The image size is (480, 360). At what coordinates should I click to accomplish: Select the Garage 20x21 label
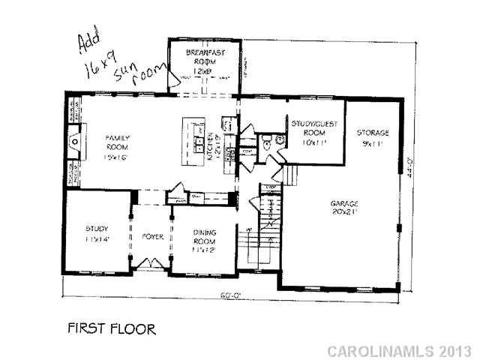point(344,208)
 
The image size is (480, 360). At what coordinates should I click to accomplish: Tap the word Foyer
point(153,236)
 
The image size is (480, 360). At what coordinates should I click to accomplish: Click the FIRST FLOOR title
point(112,328)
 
